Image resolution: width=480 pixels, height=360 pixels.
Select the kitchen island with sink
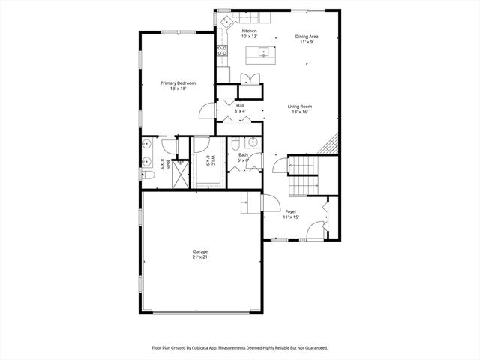(x=263, y=52)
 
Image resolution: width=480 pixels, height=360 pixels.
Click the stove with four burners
(x=223, y=52)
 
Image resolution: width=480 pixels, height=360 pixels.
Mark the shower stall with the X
(x=181, y=174)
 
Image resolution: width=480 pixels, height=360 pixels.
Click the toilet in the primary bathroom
(x=148, y=175)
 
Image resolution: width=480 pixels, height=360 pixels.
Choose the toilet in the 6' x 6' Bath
(x=235, y=143)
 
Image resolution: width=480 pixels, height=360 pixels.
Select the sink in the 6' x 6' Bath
(x=253, y=142)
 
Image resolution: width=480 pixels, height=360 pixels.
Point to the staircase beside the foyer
(x=304, y=175)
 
